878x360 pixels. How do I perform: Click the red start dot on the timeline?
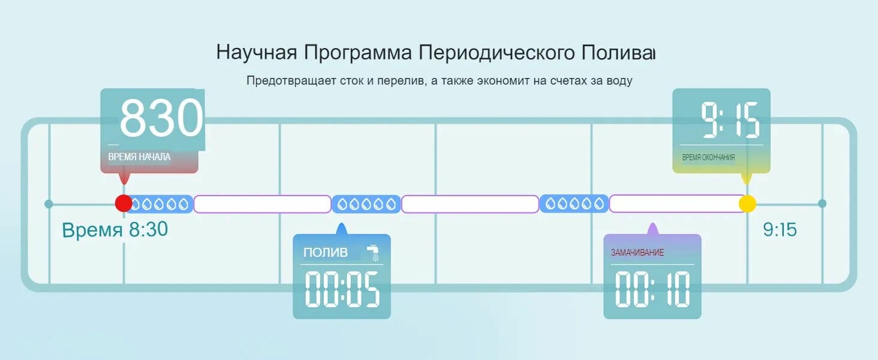coord(124,203)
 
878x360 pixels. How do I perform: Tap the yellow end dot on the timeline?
coord(747,203)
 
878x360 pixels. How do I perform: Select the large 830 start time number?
coord(161,118)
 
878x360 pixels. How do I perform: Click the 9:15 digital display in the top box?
coord(730,120)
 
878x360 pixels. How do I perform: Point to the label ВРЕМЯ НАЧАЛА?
coord(139,157)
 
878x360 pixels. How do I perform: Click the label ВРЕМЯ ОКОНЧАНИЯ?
coord(708,158)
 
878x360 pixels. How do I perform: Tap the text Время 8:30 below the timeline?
coord(115,230)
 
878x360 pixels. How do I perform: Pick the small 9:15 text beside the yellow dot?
coord(780,230)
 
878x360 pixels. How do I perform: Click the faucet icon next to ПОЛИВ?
coord(373,252)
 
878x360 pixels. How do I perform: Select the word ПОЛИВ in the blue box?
coord(325,253)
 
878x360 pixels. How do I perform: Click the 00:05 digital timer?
coord(342,290)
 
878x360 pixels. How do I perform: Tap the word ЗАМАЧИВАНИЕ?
coord(637,253)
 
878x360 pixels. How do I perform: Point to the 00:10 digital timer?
coord(653,290)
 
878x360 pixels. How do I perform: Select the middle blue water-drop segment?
coord(366,204)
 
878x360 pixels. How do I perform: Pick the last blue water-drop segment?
coord(574,204)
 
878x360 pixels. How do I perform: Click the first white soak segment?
coord(262,204)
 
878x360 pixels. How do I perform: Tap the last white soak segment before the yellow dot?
coord(676,204)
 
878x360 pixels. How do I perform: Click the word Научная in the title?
coord(257,52)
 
